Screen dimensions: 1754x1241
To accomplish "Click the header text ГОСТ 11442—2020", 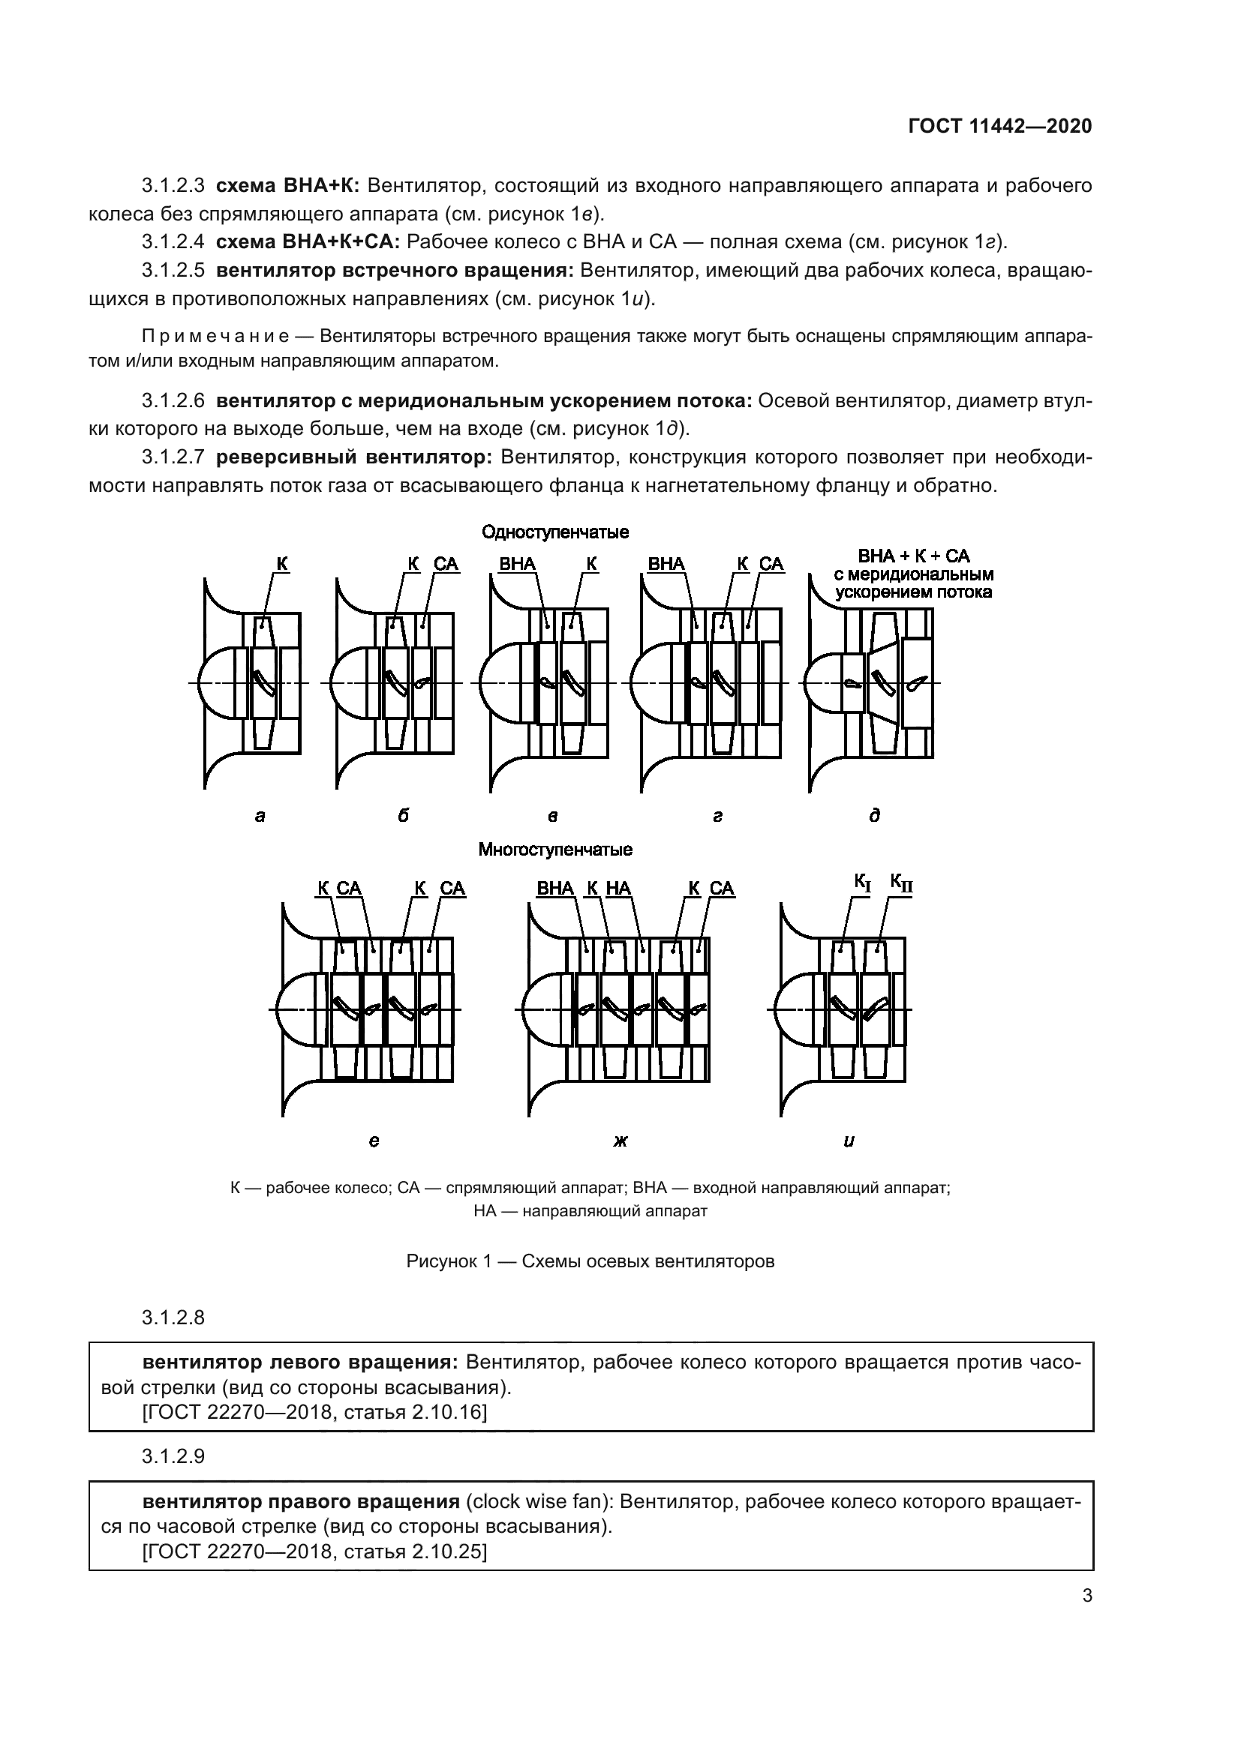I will pos(999,126).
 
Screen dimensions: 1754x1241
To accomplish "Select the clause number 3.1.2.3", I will pos(173,186).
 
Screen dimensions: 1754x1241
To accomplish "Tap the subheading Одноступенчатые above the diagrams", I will pos(554,532).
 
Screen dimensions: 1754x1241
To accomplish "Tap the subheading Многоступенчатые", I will pos(554,850).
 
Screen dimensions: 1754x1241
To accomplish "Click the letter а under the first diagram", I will pos(260,816).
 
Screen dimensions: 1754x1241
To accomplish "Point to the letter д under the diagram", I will pos(875,816).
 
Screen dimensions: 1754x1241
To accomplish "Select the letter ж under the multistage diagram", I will pos(620,1141).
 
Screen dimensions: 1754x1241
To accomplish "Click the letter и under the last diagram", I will pos(849,1141).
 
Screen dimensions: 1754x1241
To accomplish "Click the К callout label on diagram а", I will pos(282,565).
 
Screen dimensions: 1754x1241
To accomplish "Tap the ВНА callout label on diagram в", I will pos(518,565).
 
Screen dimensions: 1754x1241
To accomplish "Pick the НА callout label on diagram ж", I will pos(618,889).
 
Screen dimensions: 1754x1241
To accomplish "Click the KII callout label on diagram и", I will pos(901,884).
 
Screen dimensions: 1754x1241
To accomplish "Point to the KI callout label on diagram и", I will pos(863,884).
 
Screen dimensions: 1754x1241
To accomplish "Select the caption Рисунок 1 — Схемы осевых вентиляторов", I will pos(590,1261).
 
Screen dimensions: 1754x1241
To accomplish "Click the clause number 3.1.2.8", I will pos(173,1318).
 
